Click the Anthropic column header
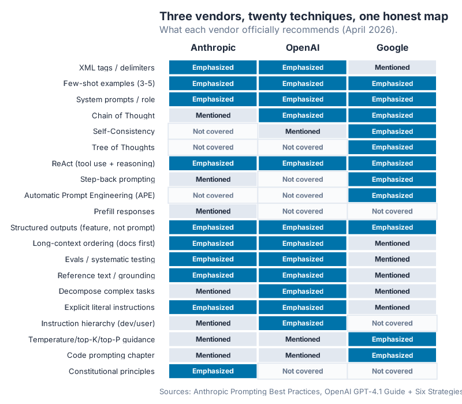click(x=213, y=48)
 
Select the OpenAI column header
click(x=303, y=48)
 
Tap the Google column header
click(x=392, y=48)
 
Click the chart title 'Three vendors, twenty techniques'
click(x=304, y=16)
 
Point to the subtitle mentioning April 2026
click(x=278, y=29)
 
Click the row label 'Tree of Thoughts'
click(x=123, y=147)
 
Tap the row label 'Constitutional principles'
click(x=111, y=371)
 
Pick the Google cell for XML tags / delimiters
click(x=392, y=68)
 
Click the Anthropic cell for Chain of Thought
click(x=213, y=115)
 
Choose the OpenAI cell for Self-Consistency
click(x=303, y=132)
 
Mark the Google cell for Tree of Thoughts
click(x=392, y=147)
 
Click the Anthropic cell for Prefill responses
click(x=213, y=211)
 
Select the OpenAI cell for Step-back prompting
click(x=303, y=179)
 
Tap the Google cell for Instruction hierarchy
click(x=392, y=323)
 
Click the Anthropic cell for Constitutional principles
click(x=213, y=371)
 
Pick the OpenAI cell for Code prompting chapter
click(x=303, y=356)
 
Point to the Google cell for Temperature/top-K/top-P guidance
click(x=392, y=339)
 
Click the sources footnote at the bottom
click(x=310, y=392)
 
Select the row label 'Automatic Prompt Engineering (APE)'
click(x=90, y=196)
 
